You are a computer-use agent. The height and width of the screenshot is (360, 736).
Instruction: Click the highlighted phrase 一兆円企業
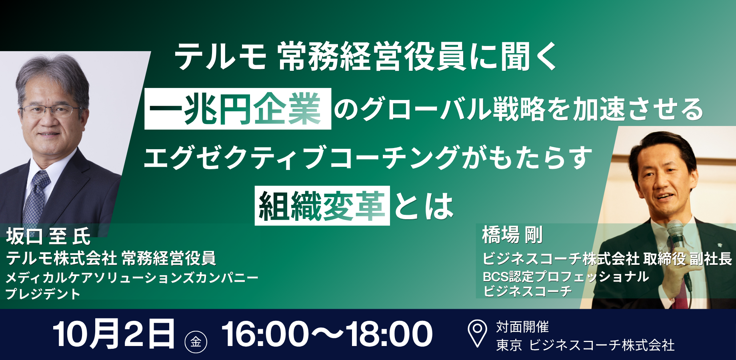click(x=238, y=109)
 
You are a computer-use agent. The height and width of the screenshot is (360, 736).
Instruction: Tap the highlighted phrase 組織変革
click(x=322, y=206)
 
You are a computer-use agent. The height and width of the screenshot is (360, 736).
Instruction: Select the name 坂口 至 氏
click(x=48, y=236)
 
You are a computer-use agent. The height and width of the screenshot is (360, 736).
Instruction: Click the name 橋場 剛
click(x=512, y=235)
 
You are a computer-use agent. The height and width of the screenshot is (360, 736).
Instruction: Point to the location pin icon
click(x=477, y=333)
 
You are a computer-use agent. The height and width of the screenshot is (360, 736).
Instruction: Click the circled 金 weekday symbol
click(x=196, y=342)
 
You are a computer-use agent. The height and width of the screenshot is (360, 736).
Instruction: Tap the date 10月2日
click(x=114, y=334)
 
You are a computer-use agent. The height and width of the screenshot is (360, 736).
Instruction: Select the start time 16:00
click(x=265, y=334)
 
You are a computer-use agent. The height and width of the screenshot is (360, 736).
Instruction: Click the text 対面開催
click(x=522, y=327)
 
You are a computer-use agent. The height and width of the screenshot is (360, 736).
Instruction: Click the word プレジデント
click(x=43, y=294)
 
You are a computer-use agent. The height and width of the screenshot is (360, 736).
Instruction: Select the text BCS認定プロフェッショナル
click(x=566, y=276)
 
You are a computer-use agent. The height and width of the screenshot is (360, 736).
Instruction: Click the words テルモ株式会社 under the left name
click(x=61, y=258)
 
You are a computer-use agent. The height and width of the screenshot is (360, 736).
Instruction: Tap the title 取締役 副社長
click(x=688, y=259)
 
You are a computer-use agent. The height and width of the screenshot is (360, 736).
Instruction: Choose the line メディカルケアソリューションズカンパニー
click(x=132, y=277)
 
